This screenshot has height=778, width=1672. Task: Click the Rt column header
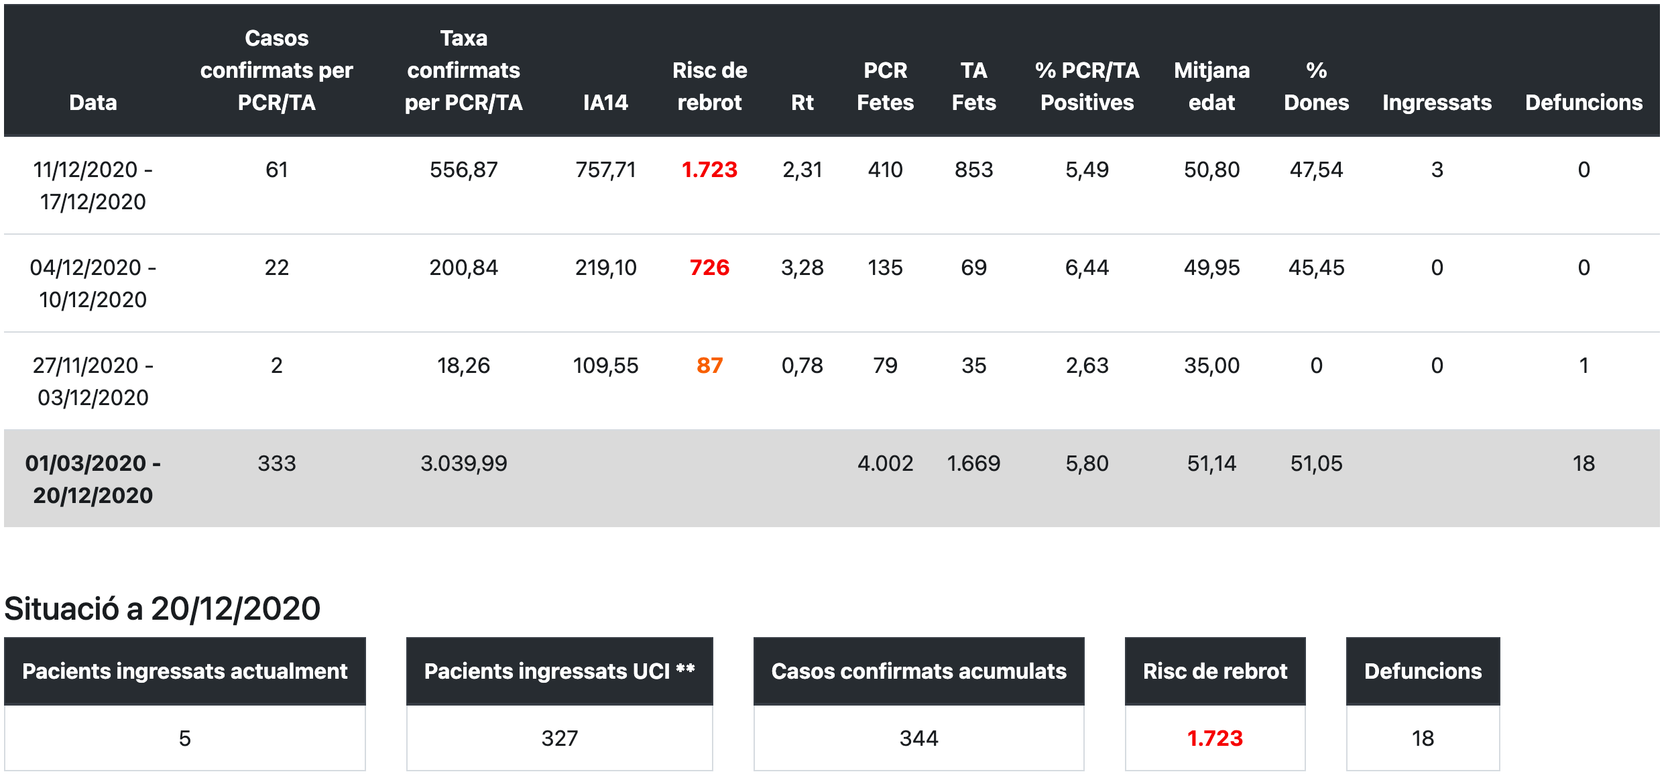tap(802, 103)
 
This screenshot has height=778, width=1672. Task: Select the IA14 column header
tap(605, 103)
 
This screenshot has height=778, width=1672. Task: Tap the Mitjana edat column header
tap(1211, 87)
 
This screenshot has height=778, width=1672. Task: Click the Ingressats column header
tap(1437, 103)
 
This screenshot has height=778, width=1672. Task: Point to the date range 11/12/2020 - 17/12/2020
tap(93, 186)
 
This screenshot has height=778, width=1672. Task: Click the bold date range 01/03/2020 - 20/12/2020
tap(93, 480)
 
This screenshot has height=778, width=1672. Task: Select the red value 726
tap(709, 268)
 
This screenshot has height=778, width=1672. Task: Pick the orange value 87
tap(709, 366)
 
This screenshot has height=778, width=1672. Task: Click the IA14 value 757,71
tap(605, 170)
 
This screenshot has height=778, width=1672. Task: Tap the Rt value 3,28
tap(802, 268)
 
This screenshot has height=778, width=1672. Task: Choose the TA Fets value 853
tap(973, 170)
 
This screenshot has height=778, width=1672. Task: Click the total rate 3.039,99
tap(463, 463)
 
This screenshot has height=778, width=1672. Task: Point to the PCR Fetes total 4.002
tap(885, 463)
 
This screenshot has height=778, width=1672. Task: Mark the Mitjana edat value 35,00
tap(1211, 366)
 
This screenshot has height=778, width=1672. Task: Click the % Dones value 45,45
tap(1316, 268)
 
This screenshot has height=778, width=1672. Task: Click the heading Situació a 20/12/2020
tap(162, 609)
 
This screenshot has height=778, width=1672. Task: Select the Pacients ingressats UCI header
tap(559, 671)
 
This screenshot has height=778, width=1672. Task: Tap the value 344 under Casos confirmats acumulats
tap(918, 738)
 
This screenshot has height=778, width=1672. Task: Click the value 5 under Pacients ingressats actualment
tap(185, 738)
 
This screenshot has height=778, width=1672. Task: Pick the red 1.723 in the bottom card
tap(1215, 738)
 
